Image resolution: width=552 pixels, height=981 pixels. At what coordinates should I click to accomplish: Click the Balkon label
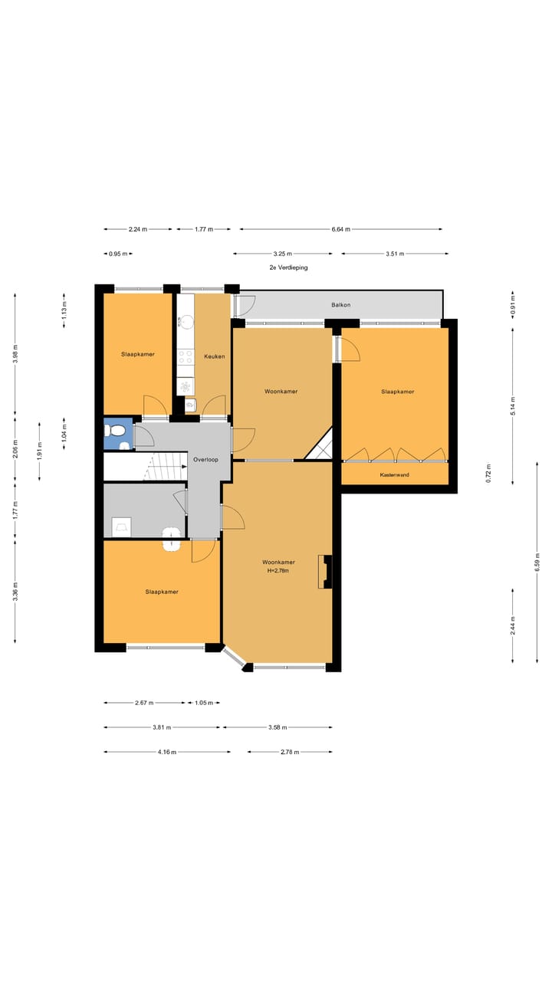click(341, 305)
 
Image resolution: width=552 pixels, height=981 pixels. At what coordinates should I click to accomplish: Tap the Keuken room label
click(214, 357)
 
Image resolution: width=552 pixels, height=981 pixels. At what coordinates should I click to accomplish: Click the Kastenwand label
click(395, 475)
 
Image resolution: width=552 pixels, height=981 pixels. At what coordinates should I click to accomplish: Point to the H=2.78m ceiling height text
click(278, 571)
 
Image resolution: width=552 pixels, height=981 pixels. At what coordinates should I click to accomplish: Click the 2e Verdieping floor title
click(288, 268)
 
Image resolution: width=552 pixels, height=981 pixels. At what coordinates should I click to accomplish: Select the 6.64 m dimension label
click(341, 229)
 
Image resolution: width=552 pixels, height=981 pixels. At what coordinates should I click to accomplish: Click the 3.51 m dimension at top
click(395, 254)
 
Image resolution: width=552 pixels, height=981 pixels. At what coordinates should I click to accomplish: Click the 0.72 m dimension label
click(488, 474)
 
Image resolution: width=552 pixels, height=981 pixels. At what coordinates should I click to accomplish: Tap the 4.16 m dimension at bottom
click(167, 752)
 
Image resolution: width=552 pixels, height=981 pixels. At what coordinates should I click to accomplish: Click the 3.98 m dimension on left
click(15, 352)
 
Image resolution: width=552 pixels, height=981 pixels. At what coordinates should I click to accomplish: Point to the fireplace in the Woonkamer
click(325, 572)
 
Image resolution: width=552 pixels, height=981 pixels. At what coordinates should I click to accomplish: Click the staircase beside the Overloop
click(164, 467)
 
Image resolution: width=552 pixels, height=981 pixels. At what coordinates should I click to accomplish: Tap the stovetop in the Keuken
click(186, 357)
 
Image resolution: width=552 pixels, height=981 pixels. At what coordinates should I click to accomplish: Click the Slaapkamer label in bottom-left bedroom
click(162, 592)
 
